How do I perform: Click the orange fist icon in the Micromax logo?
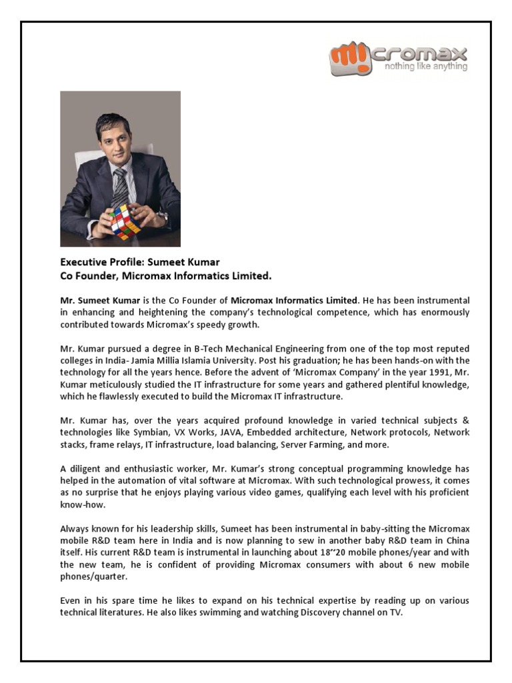coord(345,59)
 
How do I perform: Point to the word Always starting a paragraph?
coord(75,529)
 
